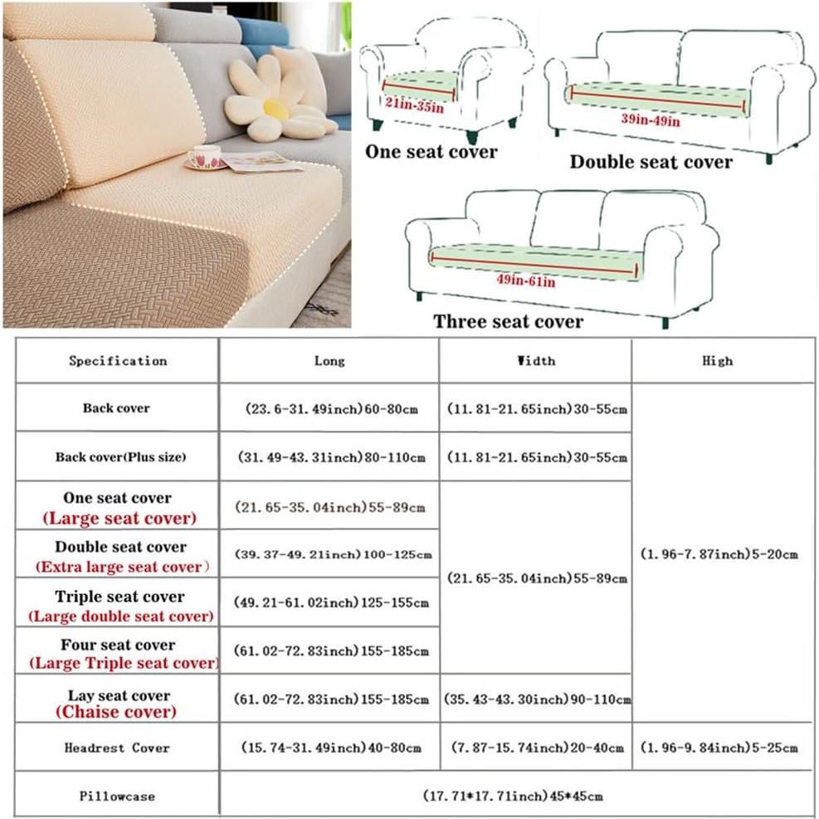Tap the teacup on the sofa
tap(204, 155)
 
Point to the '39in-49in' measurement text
tap(651, 121)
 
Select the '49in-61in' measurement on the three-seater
tap(526, 281)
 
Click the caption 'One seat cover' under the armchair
tap(431, 152)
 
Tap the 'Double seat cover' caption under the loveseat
tap(651, 162)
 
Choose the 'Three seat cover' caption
tap(508, 321)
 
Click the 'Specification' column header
tap(118, 361)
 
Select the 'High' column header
tap(717, 361)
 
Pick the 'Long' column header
tap(329, 361)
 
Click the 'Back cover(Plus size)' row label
tap(121, 457)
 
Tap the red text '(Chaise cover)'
tap(116, 712)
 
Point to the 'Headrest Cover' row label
tap(117, 748)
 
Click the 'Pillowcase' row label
tap(117, 797)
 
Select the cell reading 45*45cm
tap(515, 797)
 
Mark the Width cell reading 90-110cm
tap(535, 700)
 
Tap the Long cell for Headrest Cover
tap(329, 748)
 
